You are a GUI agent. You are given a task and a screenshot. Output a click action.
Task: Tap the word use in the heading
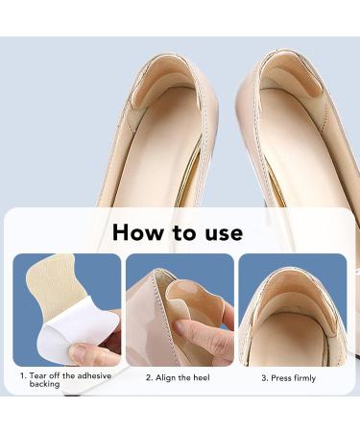coord(222,231)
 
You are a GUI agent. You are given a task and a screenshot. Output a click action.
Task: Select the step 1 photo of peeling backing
coord(67,310)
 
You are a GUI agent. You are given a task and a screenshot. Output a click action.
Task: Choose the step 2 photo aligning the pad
coord(180,310)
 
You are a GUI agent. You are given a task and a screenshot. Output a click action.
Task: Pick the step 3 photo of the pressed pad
coord(292,310)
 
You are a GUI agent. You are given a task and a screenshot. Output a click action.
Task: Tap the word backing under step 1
coord(44,385)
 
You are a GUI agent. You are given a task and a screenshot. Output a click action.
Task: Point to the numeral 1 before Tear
coord(22,376)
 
